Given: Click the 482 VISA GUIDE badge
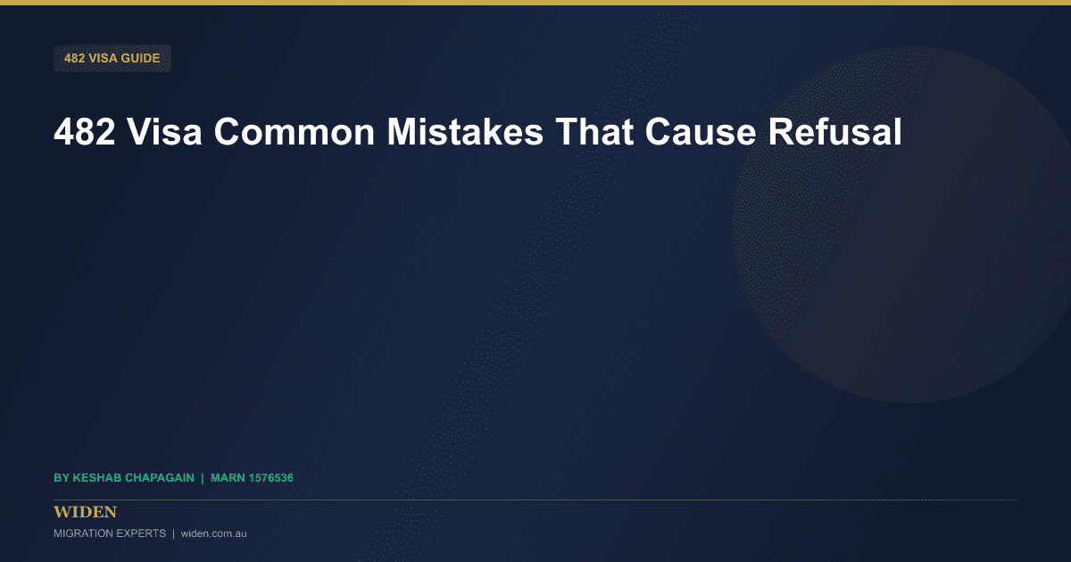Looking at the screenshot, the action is pos(112,58).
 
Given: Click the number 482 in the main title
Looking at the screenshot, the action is pos(85,132).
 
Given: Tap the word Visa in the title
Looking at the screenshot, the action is pos(164,132).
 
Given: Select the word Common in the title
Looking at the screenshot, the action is pos(295,132).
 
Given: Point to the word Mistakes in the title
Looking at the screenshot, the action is pos(465,132).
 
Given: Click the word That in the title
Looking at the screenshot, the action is pos(594,132).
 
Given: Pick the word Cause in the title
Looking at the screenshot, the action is pos(701,132).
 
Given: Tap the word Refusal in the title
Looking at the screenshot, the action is pos(834,132).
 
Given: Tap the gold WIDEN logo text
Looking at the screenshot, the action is pos(85,512).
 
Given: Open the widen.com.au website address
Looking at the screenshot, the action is pos(213,533).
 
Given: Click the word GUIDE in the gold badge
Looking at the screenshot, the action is pos(141,58).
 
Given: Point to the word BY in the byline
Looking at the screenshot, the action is pos(62,478).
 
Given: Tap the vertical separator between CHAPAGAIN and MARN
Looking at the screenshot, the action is pos(203,478).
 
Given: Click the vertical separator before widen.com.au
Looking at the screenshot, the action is pos(173,533).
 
